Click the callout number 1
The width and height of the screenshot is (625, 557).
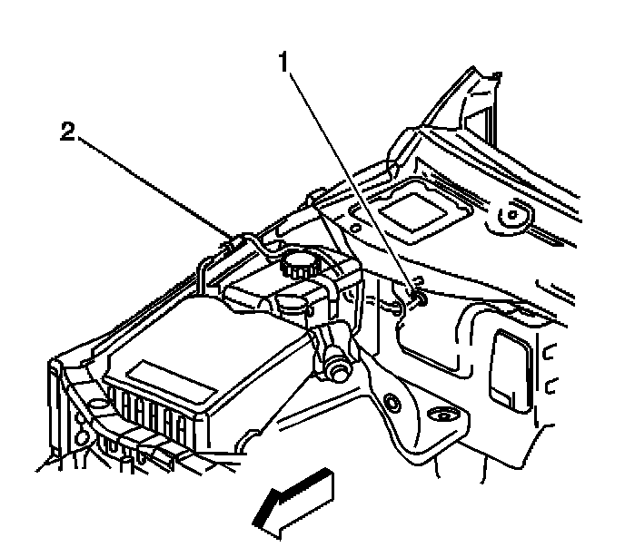pos(284,64)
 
